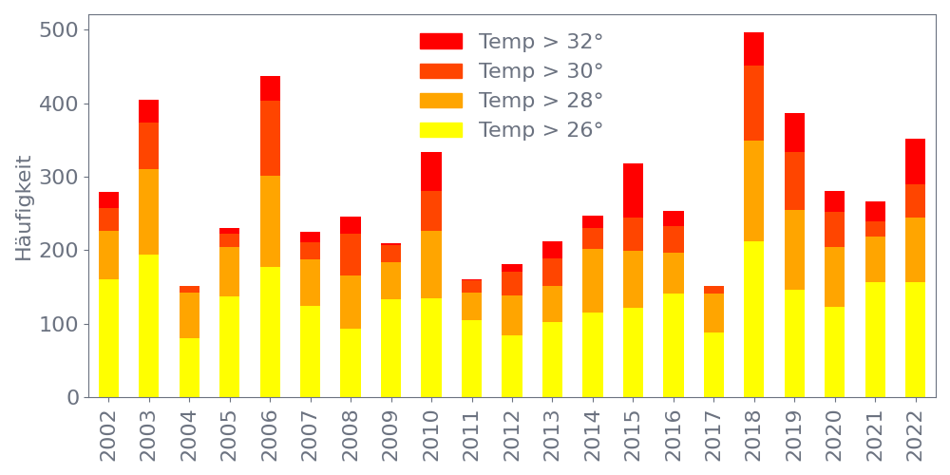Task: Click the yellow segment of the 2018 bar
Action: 753,318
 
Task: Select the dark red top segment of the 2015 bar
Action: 633,190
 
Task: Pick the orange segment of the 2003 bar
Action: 148,211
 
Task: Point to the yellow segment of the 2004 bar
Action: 189,367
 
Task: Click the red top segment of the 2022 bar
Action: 915,161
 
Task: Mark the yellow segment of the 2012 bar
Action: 512,366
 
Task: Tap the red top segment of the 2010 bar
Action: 431,171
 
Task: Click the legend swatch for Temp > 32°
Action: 441,41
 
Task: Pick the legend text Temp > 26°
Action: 541,129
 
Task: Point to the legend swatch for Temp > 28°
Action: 441,100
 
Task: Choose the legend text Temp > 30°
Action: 541,70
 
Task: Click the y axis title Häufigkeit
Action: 25,207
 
